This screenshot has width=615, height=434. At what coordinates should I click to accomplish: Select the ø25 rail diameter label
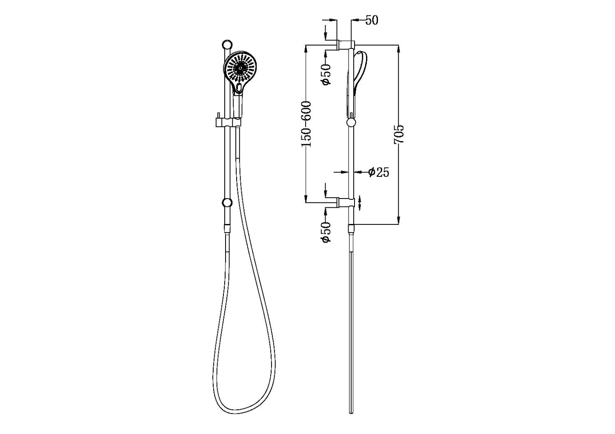click(379, 172)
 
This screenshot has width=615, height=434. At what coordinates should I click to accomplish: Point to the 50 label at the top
click(372, 20)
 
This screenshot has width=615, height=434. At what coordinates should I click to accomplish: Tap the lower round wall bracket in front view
click(227, 202)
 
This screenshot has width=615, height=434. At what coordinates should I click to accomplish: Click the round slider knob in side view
click(351, 123)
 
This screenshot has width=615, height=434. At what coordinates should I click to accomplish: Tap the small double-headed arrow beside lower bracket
click(360, 202)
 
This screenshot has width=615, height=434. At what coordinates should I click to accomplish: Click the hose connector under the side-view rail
click(351, 230)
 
